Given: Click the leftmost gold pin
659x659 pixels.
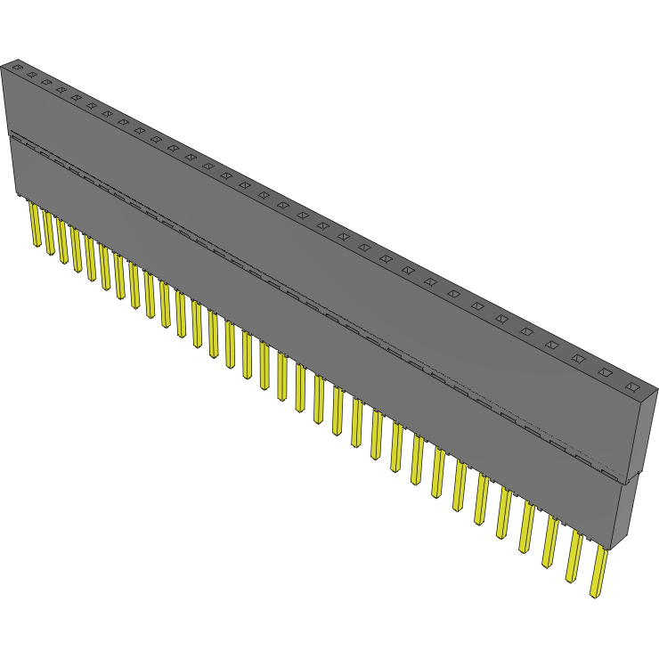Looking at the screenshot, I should coord(35,224).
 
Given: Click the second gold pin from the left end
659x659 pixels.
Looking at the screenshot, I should coord(49,233).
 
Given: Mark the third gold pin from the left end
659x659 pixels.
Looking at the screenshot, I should coord(62,241).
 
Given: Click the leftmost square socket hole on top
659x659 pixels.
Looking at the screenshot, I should coord(15,67).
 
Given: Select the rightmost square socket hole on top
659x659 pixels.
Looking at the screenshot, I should coord(633,387).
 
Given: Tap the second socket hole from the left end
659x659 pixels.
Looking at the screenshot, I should coord(30,75).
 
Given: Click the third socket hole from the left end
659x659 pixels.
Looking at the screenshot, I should coord(45,82).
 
